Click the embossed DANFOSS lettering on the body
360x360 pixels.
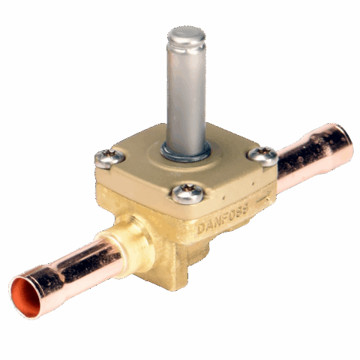pyautogui.click(x=223, y=220)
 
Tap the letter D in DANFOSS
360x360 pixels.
pyautogui.click(x=201, y=229)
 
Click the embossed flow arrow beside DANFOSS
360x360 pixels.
pyautogui.click(x=263, y=197)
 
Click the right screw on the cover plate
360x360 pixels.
pyautogui.click(x=262, y=156)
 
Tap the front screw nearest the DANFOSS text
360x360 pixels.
pyautogui.click(x=187, y=193)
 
